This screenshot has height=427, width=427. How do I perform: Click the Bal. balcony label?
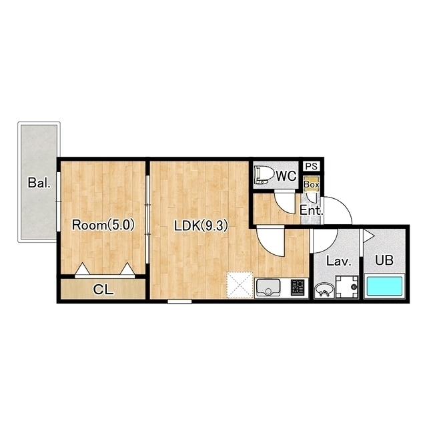pos(39,183)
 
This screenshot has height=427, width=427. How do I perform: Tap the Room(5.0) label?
pos(103,226)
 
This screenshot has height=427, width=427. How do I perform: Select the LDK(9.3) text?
pos(201,226)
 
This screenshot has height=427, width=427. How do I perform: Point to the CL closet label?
pos(103,290)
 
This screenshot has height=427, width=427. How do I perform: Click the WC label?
pos(286,176)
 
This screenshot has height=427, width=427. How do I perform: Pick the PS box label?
pos(312,166)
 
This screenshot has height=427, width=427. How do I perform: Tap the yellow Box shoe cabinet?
pos(312,184)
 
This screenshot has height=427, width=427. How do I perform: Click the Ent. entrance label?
pos(312,210)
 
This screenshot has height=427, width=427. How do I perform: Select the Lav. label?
pos(339,261)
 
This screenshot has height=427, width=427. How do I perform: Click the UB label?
pos(384,260)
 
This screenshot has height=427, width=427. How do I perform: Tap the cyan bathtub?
pos(384,286)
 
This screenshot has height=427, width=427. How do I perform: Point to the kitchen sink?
pos(268,288)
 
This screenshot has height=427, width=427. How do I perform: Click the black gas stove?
pos(298,288)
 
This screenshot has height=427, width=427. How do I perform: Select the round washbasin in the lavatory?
pos(324,290)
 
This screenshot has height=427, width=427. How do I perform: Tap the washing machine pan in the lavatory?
pos(347,287)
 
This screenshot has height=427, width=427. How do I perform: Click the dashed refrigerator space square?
pos(240,285)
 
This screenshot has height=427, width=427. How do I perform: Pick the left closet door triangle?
pos(82,269)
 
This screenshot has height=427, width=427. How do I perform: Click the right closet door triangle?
pos(127,269)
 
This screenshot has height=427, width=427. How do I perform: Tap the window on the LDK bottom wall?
pos(179,301)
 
